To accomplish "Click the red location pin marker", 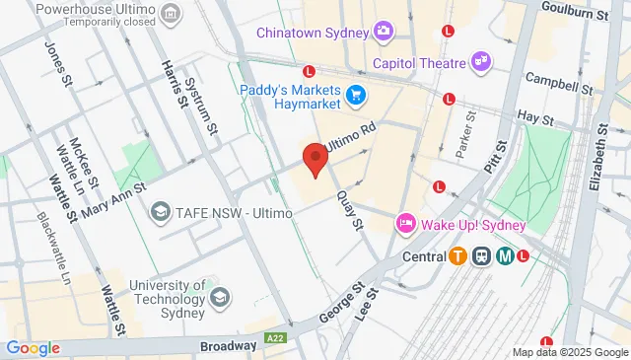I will coord(315,158).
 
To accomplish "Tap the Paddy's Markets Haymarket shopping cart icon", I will coord(355,96).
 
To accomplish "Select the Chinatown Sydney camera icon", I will coord(383,32).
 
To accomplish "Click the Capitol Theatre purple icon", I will coord(480,61).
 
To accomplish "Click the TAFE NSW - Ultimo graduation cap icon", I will coord(159,212).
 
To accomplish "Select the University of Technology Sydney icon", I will coord(221,297).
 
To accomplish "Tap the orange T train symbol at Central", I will coord(457,256).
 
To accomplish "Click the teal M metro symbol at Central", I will coord(505,256).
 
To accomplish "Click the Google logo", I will coord(33,347).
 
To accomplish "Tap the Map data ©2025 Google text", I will coord(570,352).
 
